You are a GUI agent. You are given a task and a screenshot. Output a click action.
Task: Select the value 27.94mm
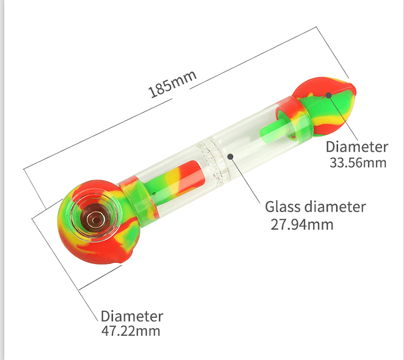302,224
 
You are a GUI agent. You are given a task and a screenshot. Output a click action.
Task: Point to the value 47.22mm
130,331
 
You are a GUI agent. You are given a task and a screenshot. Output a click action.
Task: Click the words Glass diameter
315,206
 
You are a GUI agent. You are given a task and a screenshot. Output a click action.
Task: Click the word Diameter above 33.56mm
357,147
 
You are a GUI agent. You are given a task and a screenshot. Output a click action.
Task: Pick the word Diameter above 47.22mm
132,316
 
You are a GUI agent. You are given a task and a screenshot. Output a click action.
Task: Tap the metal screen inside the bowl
96,216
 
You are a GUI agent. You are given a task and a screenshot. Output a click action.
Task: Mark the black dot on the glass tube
231,156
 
